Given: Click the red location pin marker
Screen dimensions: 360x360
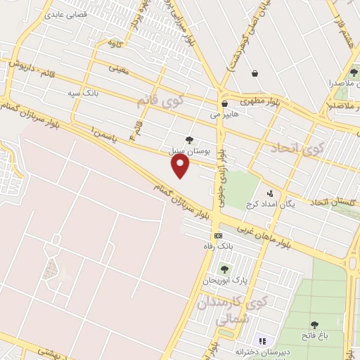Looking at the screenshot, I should [x=181, y=166].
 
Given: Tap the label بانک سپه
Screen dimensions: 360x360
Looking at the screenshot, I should [x=83, y=92].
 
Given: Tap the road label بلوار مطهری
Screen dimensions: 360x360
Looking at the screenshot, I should [x=260, y=101].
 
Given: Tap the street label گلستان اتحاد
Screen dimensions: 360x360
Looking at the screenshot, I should [x=326, y=202].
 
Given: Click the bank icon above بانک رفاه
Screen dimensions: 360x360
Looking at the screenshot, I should [x=219, y=236].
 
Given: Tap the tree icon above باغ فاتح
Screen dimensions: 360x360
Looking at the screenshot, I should [x=314, y=325].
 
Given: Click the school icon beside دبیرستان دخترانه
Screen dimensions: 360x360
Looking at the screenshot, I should [x=262, y=340].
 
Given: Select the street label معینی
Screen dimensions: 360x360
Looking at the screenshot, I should [x=118, y=68].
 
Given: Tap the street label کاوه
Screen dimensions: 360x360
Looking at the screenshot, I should [x=114, y=44].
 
